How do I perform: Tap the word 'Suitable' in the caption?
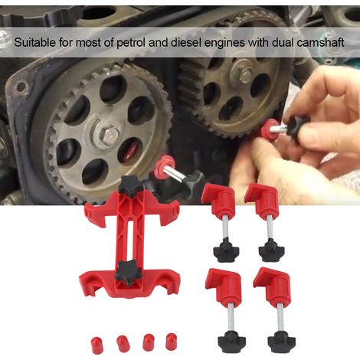coord(34,42)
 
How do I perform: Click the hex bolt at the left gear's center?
coord(108,134)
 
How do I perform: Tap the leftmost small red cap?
coord(97,345)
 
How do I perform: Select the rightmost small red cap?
coord(171,342)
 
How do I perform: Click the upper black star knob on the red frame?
coord(130,186)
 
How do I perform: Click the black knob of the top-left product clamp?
coord(226,250)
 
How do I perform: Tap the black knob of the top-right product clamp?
coord(272,250)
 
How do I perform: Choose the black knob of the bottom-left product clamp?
coord(232,342)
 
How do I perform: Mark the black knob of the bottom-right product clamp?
coord(282,342)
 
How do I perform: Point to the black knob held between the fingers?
coord(296,125)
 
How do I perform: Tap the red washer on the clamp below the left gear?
coord(165,167)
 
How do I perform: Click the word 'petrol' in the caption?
coord(131,42)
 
